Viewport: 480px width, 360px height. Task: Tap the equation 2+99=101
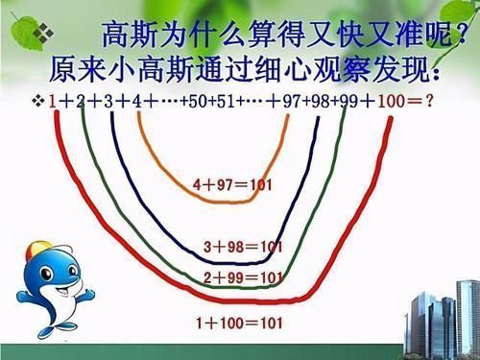[245, 277]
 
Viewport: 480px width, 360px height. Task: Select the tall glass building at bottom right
[423, 307]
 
